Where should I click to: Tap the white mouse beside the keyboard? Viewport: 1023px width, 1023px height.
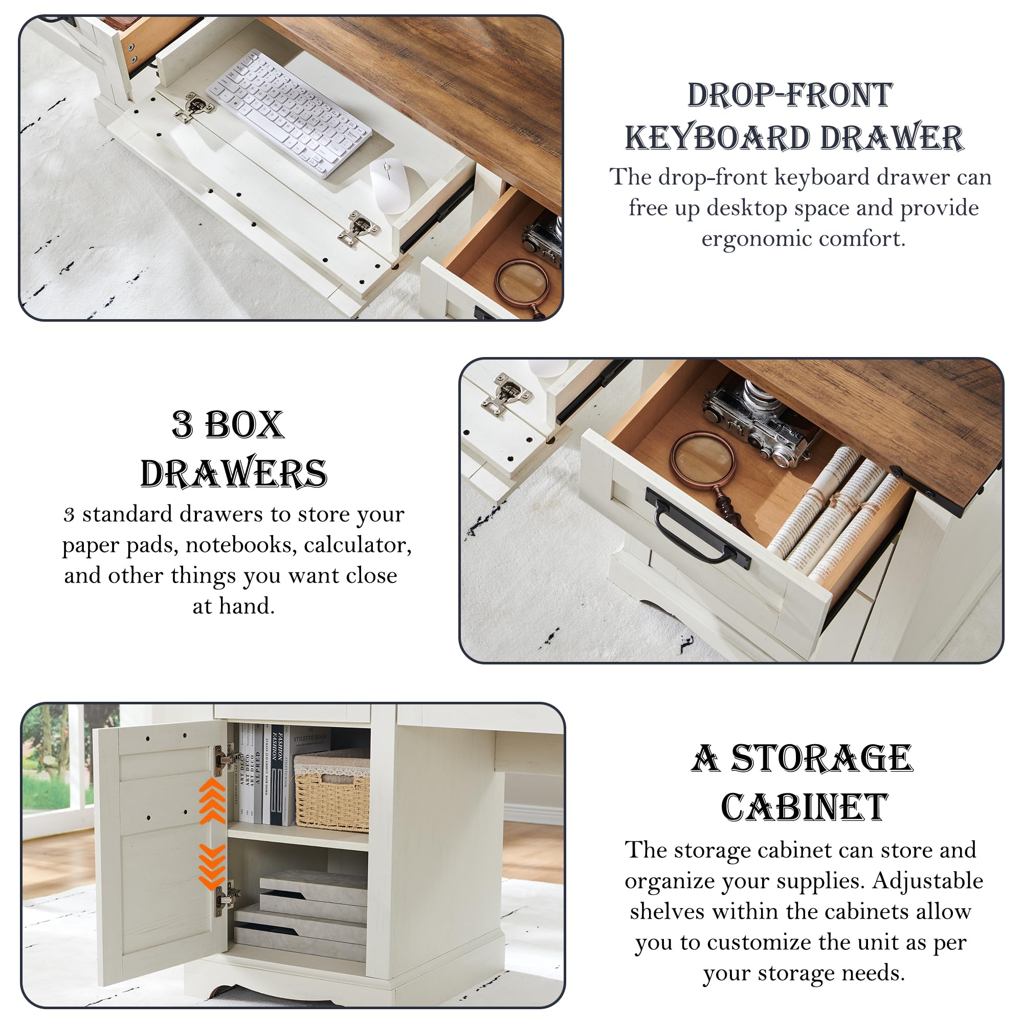[389, 185]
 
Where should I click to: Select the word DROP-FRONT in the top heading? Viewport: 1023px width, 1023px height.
[790, 95]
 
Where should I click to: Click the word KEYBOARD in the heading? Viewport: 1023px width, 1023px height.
[718, 138]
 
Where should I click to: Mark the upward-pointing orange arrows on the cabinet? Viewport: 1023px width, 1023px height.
[212, 800]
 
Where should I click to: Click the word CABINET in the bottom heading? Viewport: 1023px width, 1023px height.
[804, 809]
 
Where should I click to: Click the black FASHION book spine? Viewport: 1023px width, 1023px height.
[276, 776]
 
